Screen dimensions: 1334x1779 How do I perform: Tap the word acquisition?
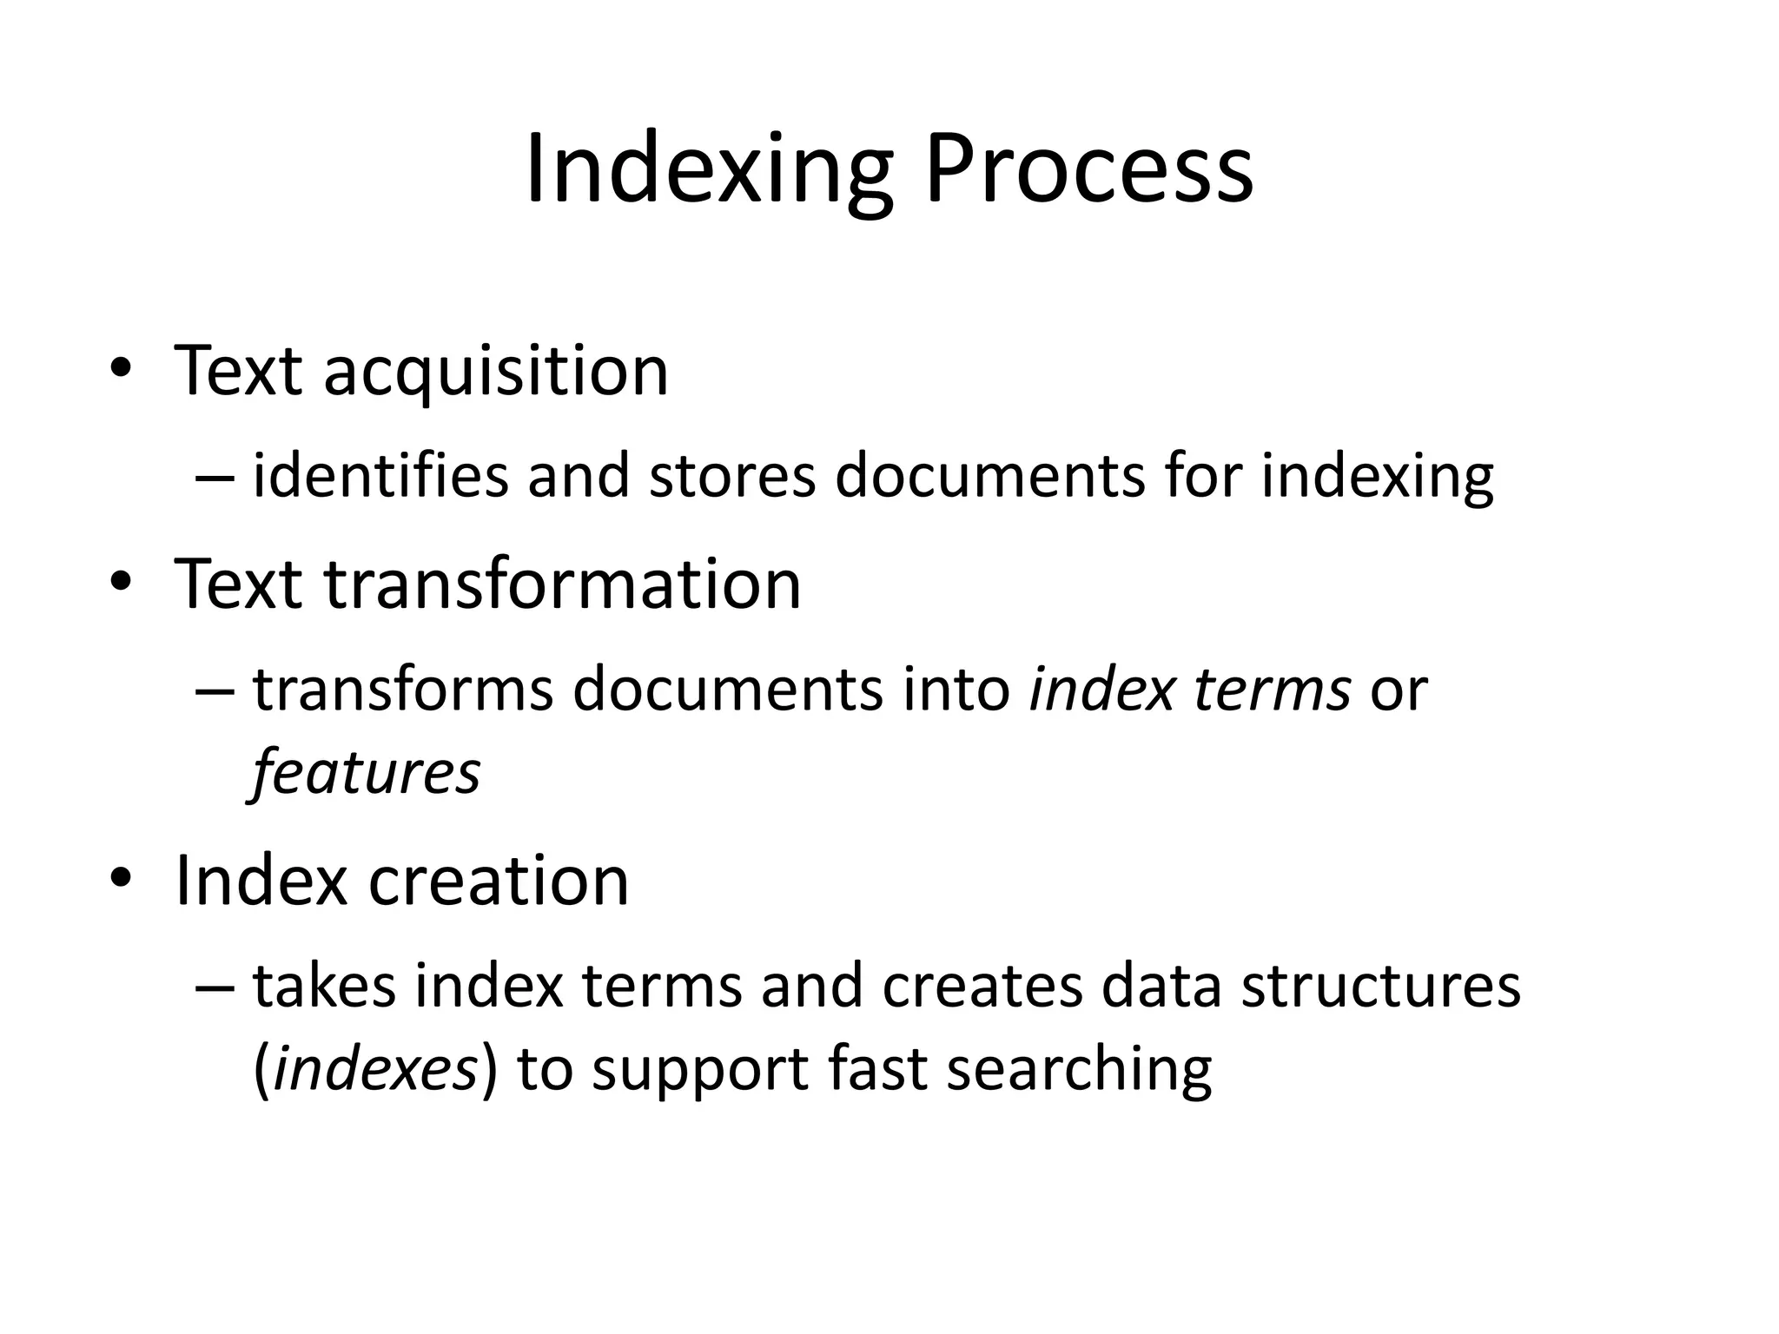coord(496,372)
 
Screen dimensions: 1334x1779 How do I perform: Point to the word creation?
coord(499,881)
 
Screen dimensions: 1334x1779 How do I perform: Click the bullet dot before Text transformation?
coord(121,581)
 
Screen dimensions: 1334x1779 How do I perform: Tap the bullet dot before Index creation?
coord(121,879)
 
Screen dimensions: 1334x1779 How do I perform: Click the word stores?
coord(732,477)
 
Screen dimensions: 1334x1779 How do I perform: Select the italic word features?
coord(366,773)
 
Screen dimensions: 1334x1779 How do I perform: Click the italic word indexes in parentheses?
coord(374,1069)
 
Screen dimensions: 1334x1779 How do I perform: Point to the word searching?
coord(1079,1069)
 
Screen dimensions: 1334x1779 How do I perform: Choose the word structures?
coord(1380,987)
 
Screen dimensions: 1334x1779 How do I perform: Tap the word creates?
coord(982,987)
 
